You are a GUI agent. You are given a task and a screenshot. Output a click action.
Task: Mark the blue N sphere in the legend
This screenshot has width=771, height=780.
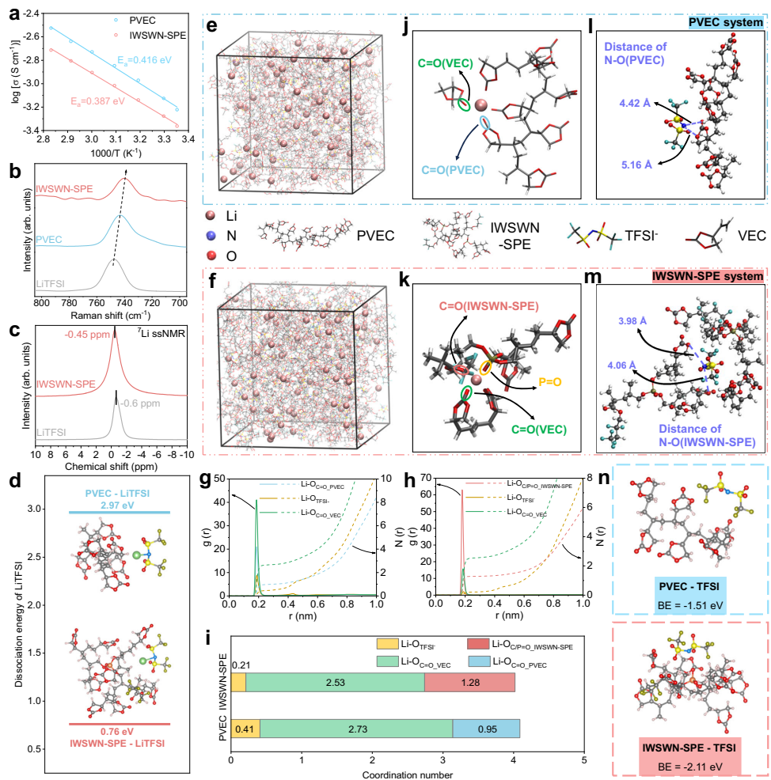tap(211, 235)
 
